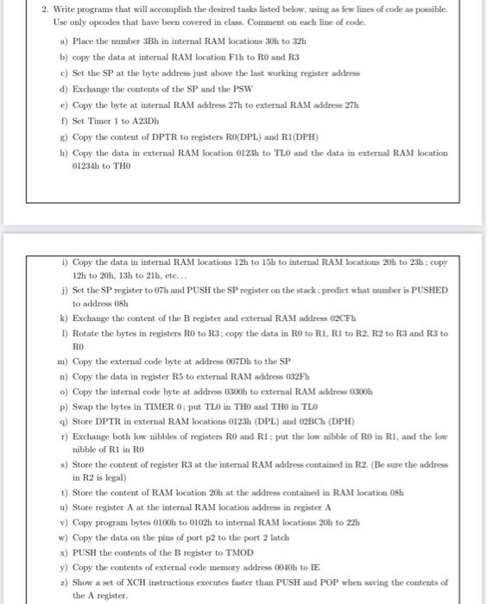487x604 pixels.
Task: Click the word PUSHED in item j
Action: [x=429, y=290]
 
